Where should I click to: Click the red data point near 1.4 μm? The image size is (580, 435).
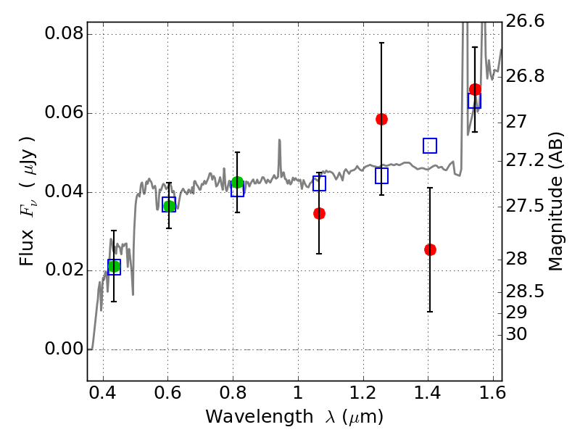[430, 249]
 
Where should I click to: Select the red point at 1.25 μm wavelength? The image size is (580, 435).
[381, 119]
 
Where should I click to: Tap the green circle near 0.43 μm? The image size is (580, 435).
[114, 266]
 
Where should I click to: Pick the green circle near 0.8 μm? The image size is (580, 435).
[237, 183]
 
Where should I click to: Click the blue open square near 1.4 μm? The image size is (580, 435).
[430, 146]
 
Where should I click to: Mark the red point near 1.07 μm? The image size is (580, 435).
[319, 213]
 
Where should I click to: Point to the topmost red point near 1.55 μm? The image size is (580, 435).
[475, 89]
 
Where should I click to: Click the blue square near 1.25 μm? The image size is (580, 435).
[381, 175]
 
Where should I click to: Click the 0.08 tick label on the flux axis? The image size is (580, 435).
[64, 33]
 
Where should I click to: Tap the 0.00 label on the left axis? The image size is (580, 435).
[64, 349]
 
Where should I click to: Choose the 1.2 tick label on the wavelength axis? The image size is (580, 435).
[363, 393]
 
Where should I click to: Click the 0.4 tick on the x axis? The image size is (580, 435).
[103, 393]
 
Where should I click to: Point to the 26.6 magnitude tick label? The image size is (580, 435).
[525, 21]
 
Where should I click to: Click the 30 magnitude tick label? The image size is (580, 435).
[516, 334]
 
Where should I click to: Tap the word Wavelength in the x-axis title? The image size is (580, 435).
[260, 418]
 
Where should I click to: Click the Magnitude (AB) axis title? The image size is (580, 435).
[555, 202]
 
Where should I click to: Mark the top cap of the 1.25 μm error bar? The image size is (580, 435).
[381, 43]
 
